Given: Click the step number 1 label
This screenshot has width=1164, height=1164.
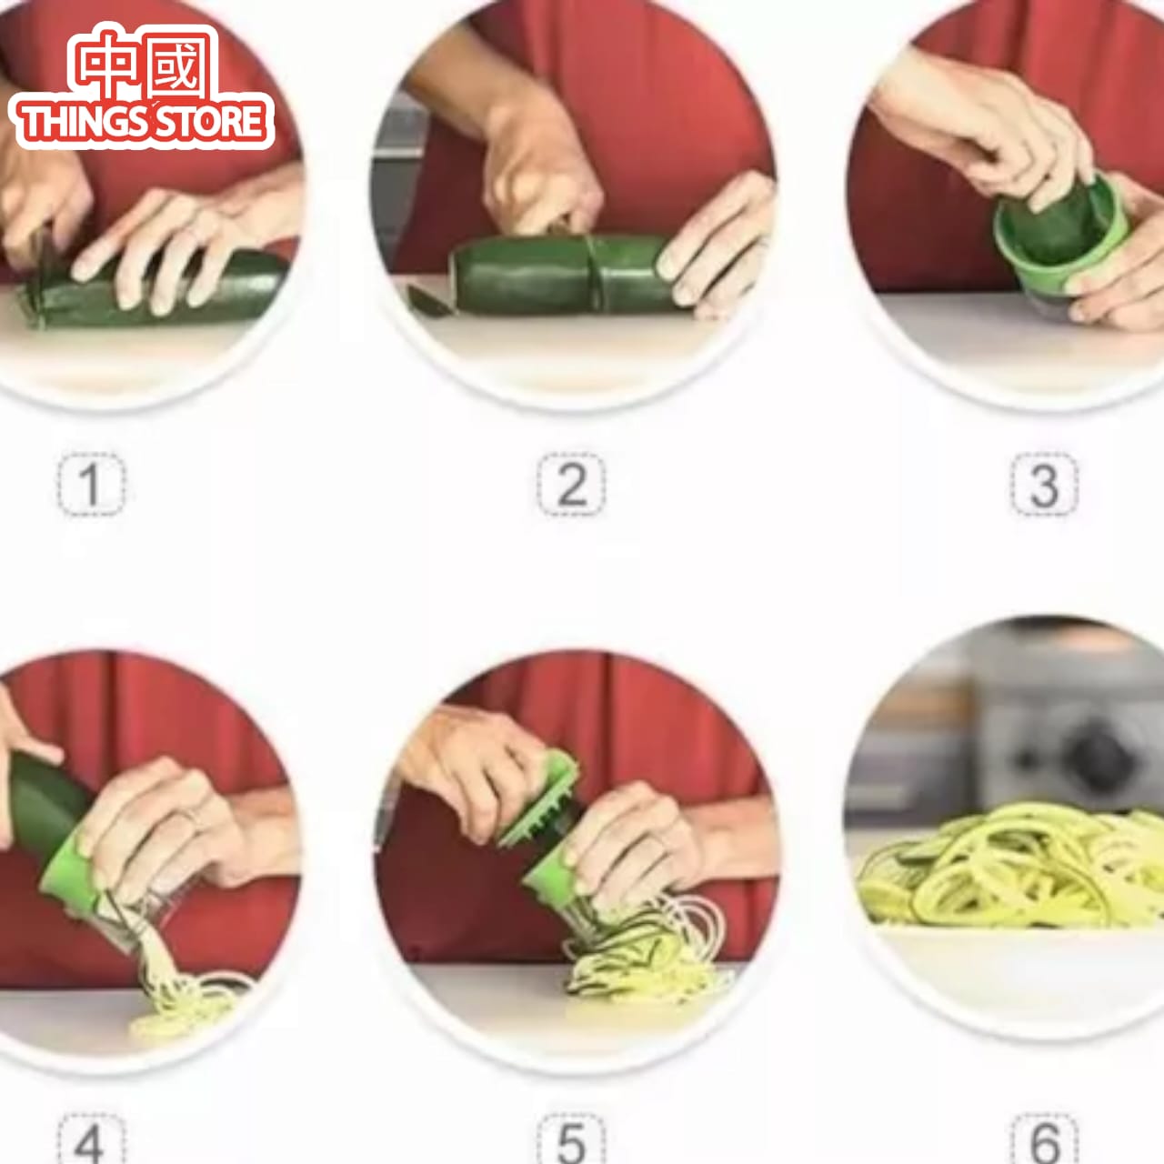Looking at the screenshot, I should pyautogui.click(x=91, y=485).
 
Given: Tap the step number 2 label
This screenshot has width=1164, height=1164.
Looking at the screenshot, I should pyautogui.click(x=571, y=485).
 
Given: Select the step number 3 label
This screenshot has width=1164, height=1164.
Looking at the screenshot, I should pyautogui.click(x=1044, y=485).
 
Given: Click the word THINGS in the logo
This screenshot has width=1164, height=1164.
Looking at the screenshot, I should pyautogui.click(x=82, y=122).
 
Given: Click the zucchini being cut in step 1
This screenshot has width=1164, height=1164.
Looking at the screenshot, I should pyautogui.click(x=155, y=296).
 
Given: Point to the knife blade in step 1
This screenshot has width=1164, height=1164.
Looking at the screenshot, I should pyautogui.click(x=41, y=259).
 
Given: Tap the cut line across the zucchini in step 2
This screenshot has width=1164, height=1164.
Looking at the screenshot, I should pyautogui.click(x=592, y=273).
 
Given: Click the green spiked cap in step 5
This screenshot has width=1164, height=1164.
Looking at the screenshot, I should pyautogui.click(x=541, y=800).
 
